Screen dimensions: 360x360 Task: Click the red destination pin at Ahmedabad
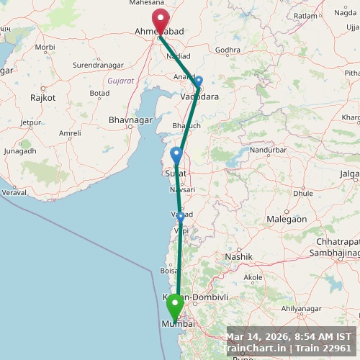pyautogui.click(x=160, y=20)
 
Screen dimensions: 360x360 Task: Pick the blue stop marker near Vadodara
pyautogui.click(x=199, y=81)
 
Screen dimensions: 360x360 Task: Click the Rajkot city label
pyautogui.click(x=43, y=97)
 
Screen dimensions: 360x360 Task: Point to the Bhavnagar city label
pyautogui.click(x=130, y=119)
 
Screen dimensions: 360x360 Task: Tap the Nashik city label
pyautogui.click(x=239, y=256)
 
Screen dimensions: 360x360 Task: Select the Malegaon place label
pyautogui.click(x=287, y=219)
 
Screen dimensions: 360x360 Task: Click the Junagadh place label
pyautogui.click(x=20, y=151)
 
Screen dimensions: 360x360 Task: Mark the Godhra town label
pyautogui.click(x=228, y=50)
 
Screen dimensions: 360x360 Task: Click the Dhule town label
pyautogui.click(x=303, y=193)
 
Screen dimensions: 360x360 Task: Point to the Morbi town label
pyautogui.click(x=45, y=48)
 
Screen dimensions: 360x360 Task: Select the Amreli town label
pyautogui.click(x=70, y=133)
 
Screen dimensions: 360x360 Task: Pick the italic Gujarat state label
pyautogui.click(x=120, y=81)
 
